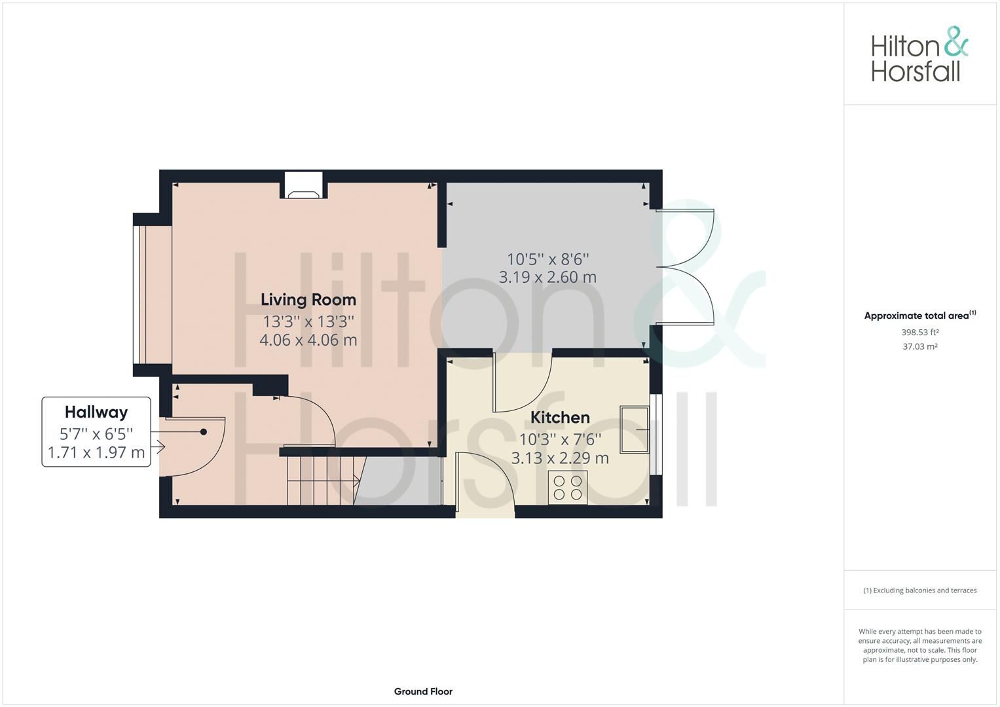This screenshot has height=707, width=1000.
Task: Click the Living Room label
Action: (308, 300)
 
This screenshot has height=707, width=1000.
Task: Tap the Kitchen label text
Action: (560, 418)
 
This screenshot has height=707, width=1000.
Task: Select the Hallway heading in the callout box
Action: (96, 412)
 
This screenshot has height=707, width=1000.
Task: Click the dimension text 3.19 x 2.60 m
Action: (547, 278)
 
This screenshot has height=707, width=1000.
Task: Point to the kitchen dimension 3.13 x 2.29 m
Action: (560, 458)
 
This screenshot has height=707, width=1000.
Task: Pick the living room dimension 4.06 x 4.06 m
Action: (308, 340)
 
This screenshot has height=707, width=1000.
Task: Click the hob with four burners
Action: (568, 488)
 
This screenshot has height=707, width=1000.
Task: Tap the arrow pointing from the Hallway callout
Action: (158, 448)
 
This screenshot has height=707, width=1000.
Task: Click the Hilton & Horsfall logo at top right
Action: (919, 54)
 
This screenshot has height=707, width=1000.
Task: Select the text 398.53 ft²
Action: (919, 333)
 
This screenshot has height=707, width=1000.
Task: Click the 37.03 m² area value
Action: (919, 347)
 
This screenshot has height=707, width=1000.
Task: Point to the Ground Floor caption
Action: (423, 691)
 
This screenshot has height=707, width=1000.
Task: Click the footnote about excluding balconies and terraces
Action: (919, 590)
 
